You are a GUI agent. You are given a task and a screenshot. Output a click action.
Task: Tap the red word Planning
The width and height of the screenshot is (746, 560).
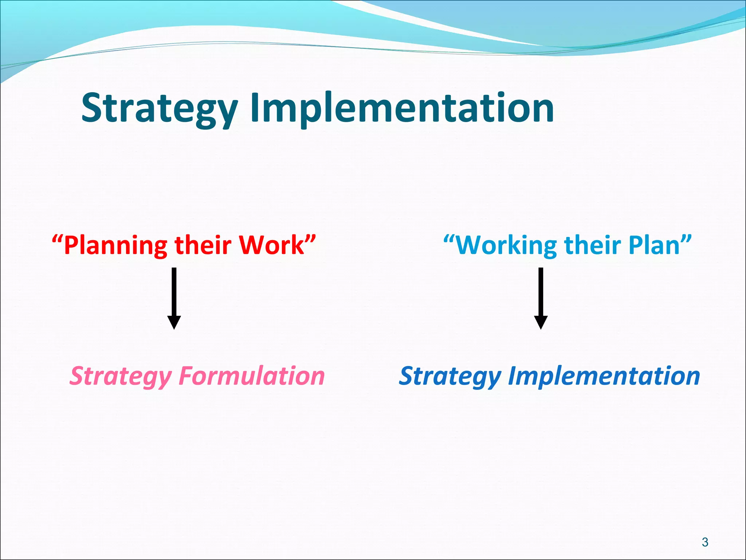115,246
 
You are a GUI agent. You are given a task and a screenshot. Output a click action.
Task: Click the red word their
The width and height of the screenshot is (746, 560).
203,245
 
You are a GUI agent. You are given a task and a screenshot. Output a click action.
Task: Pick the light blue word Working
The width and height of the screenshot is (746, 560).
506,246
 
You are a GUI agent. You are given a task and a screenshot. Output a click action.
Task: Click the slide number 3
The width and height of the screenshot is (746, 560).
705,542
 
